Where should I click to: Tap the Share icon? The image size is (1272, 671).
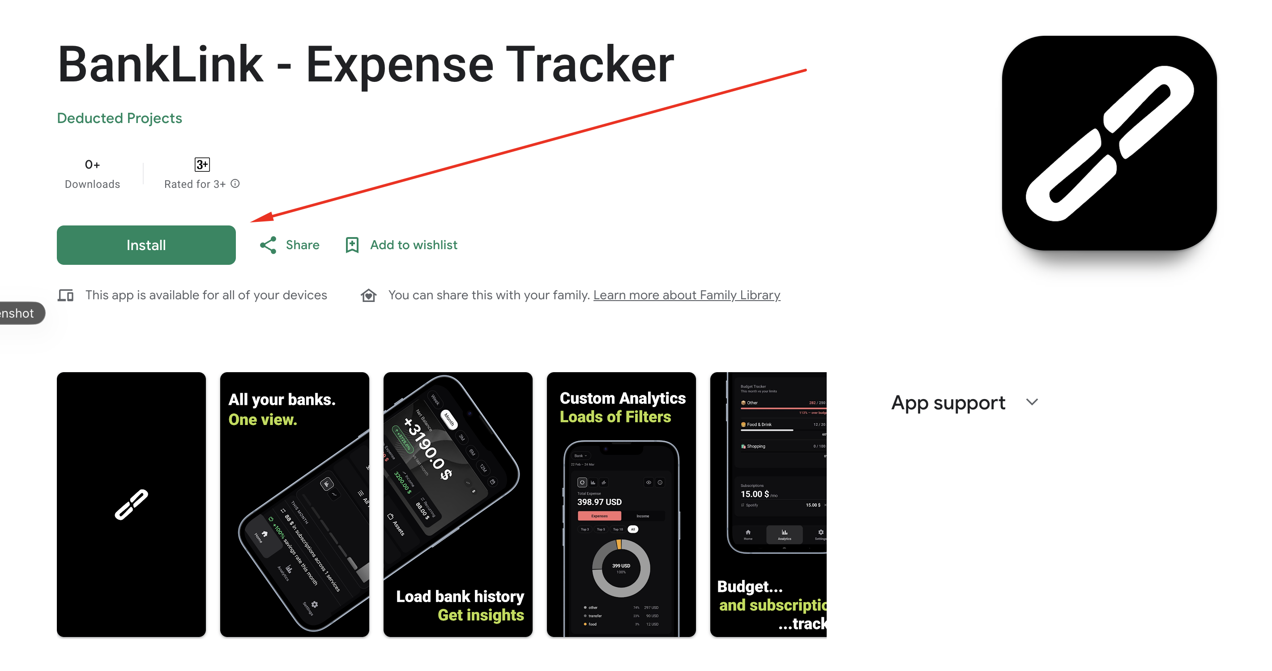(268, 245)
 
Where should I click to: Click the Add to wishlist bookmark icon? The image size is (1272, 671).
(352, 245)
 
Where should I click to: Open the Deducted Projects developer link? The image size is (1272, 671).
(120, 118)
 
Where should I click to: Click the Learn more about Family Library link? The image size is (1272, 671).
(687, 295)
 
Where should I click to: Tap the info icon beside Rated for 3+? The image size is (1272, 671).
(235, 183)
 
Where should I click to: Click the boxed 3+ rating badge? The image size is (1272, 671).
(202, 164)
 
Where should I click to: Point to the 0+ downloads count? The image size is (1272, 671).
(92, 164)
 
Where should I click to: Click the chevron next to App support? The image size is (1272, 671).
(1032, 402)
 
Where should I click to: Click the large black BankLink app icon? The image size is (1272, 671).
(1109, 143)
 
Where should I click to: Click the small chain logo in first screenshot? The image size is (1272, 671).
(131, 504)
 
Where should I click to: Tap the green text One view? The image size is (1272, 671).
(263, 420)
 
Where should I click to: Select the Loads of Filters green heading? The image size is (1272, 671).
(615, 417)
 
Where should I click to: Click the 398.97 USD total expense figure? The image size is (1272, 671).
(599, 502)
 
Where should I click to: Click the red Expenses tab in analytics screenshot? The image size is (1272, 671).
(599, 516)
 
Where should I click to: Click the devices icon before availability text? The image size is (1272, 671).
(66, 295)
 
